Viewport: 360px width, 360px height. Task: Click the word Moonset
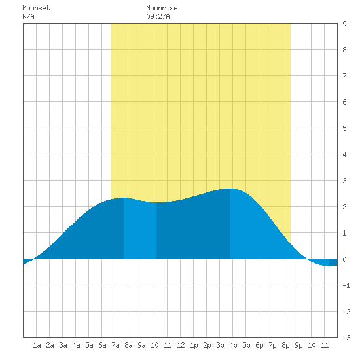tap(36, 8)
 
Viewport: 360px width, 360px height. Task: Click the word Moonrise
tap(162, 8)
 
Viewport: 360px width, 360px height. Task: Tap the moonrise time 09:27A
tap(158, 16)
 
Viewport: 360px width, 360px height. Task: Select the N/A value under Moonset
tap(28, 16)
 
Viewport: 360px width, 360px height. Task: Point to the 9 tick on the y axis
tap(344, 24)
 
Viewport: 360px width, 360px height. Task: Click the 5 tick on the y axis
tap(344, 128)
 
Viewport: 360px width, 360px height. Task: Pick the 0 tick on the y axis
tap(344, 259)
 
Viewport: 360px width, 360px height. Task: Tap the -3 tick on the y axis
tap(346, 338)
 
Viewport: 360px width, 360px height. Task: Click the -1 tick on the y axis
tap(346, 285)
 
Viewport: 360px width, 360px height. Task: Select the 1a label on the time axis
tap(37, 345)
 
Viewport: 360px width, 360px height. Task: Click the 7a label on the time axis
tap(115, 345)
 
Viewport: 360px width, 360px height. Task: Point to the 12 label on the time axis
tap(181, 345)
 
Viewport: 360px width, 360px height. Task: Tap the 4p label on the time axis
tap(233, 345)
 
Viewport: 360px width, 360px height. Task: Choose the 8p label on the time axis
tap(285, 345)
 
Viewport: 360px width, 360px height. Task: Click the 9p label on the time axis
tap(298, 345)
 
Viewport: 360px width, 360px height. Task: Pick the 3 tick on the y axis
tap(344, 181)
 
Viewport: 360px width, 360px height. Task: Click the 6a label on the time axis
tap(102, 345)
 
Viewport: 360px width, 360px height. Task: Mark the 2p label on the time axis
tap(207, 345)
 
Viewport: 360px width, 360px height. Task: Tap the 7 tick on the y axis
tap(344, 76)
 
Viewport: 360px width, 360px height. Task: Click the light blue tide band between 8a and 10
tap(140, 230)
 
